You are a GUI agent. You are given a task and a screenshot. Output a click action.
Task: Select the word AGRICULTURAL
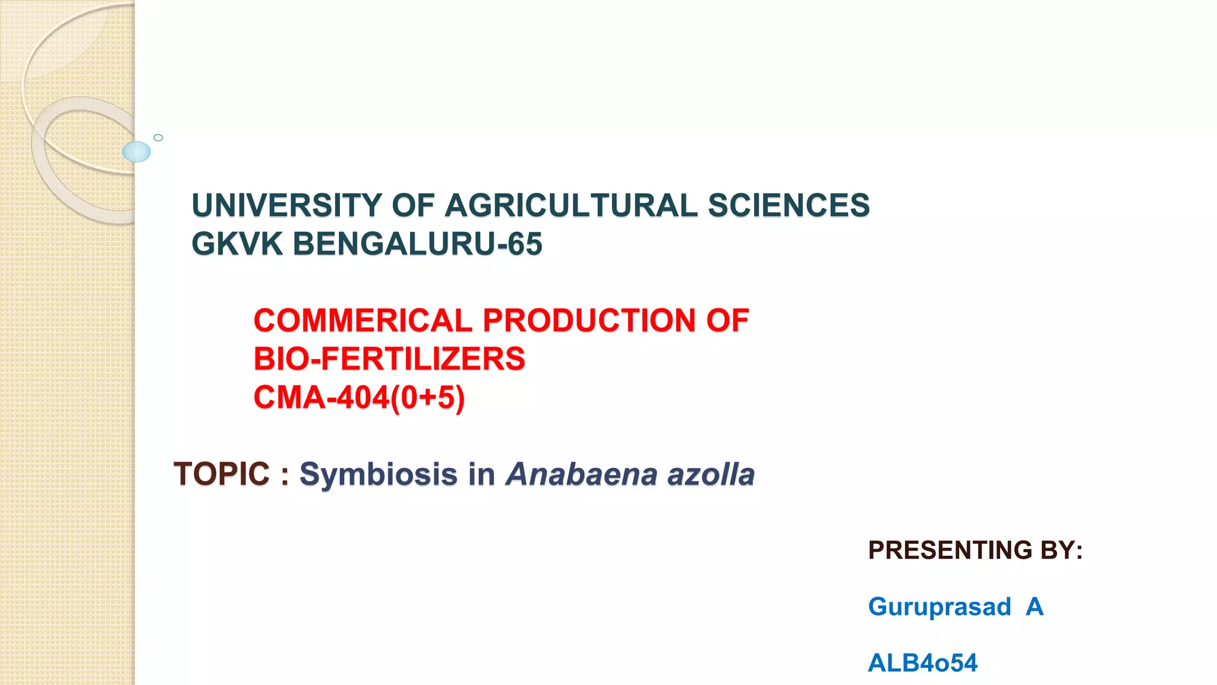[571, 206]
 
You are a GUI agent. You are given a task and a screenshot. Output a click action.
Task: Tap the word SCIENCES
[789, 206]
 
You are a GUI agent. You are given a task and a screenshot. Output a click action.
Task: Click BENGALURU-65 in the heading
[417, 244]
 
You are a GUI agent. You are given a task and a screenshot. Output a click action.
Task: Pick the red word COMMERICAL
[363, 321]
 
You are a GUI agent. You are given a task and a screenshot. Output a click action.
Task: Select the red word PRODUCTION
[589, 321]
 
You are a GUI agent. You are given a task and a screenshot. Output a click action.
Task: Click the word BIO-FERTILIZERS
[389, 359]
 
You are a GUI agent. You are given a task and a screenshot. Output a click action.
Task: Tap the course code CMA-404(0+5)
[359, 398]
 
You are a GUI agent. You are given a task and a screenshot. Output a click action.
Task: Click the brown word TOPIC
[222, 475]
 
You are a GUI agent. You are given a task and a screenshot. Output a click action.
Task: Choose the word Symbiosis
[379, 475]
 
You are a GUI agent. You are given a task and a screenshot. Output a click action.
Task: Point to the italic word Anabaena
[582, 475]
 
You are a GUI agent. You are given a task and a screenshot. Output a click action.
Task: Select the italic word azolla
[711, 475]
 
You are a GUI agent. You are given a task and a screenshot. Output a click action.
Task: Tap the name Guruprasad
[939, 607]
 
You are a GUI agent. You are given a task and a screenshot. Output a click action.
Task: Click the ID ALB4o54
[922, 663]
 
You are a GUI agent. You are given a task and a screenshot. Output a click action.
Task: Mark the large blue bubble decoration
[137, 152]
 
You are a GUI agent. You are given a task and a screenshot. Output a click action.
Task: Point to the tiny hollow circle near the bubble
[158, 137]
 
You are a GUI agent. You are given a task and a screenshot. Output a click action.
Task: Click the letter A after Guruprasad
[1035, 607]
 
